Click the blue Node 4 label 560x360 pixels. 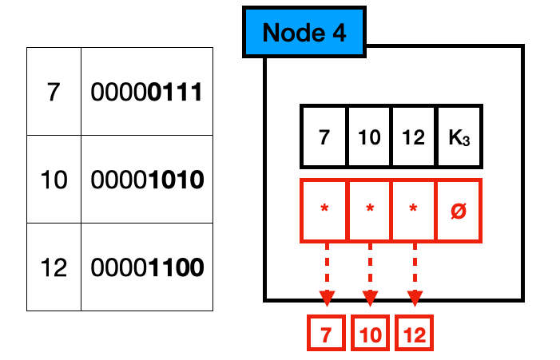point(304,33)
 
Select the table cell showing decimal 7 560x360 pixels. point(54,92)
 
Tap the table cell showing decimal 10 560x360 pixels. point(54,180)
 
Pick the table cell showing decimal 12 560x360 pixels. point(54,267)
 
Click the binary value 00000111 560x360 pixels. point(146,92)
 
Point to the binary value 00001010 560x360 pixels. point(146,180)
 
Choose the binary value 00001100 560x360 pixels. point(146,267)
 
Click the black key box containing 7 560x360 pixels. point(324,137)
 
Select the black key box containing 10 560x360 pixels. point(369,137)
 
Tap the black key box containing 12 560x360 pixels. point(414,137)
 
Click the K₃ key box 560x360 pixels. point(459,137)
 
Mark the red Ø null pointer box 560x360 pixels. point(459,211)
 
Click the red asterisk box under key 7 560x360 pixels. point(324,211)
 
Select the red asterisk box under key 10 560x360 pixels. point(369,211)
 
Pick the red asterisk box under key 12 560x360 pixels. point(414,211)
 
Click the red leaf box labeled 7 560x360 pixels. point(326,335)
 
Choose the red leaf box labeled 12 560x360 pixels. point(414,335)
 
